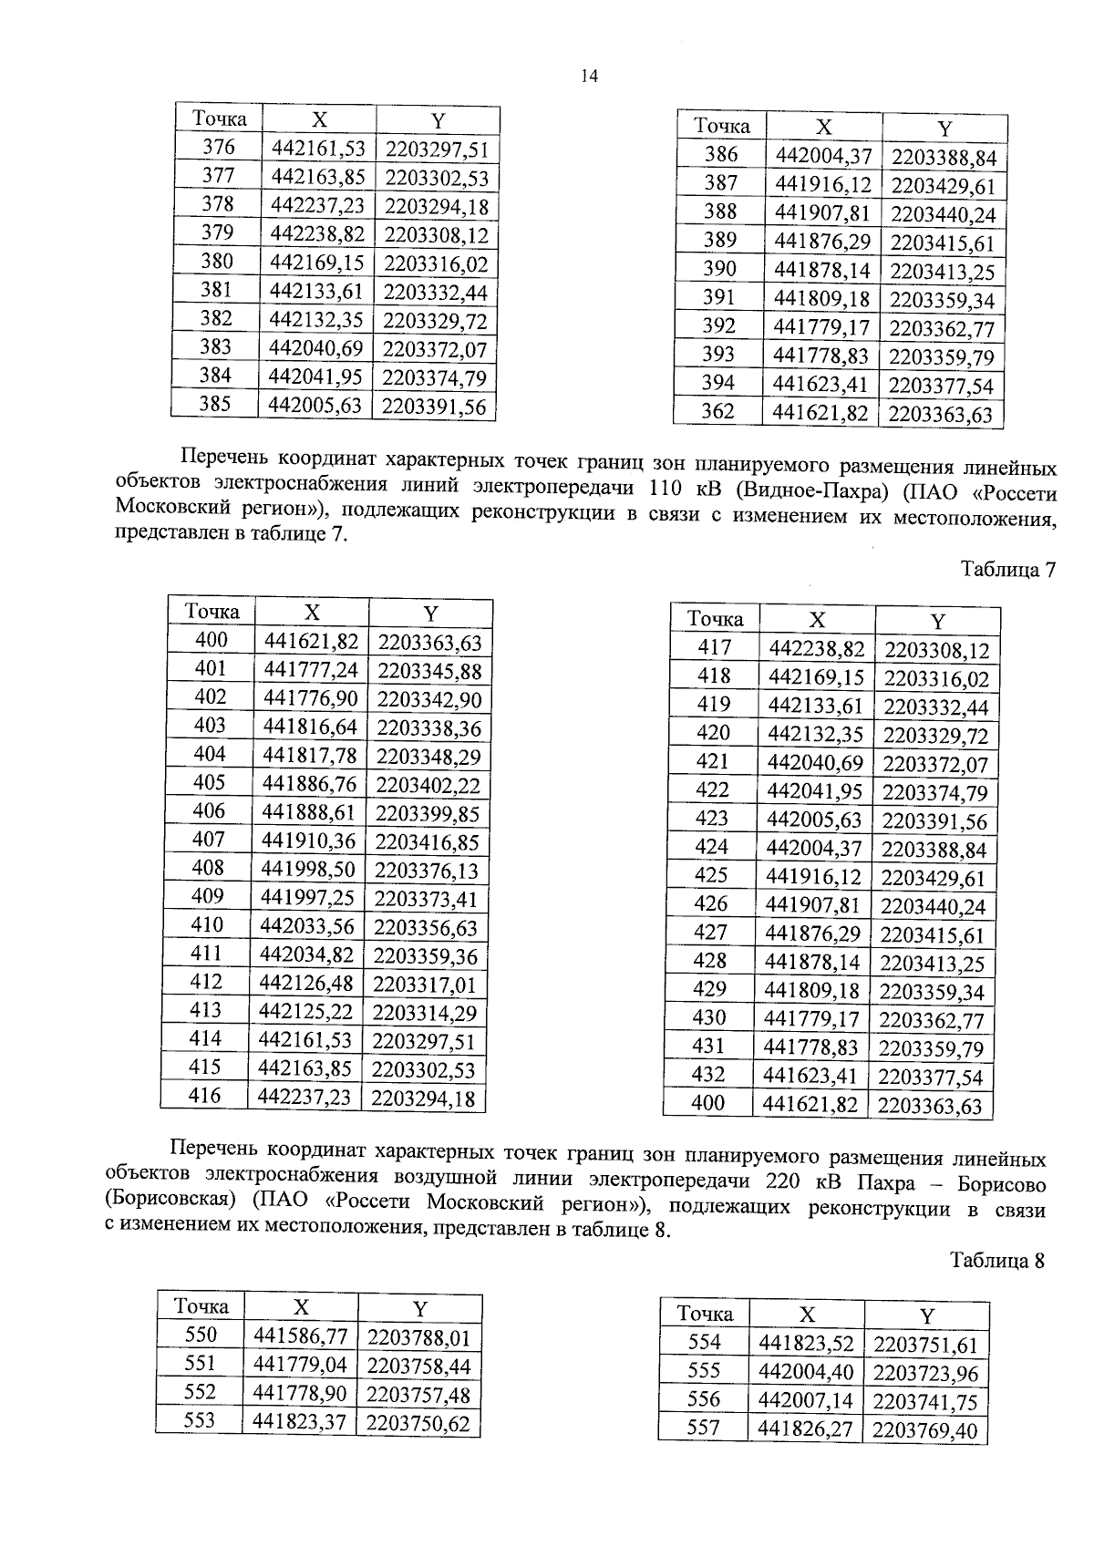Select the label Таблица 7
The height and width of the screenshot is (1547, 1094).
1008,571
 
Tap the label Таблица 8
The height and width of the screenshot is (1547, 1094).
996,1261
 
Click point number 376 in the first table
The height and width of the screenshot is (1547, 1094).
218,148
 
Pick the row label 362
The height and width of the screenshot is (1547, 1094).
717,411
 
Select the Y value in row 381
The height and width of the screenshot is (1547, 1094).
436,292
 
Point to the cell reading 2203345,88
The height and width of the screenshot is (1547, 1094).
428,672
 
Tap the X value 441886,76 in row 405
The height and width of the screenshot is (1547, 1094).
308,784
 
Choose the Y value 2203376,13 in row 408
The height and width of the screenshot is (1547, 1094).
427,870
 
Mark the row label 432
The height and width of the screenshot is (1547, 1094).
708,1075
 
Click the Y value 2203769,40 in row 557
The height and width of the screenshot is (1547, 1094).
924,1430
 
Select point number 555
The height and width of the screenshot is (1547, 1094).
704,1371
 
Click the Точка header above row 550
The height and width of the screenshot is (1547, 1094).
201,1306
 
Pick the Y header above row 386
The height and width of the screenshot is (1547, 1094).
944,129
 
